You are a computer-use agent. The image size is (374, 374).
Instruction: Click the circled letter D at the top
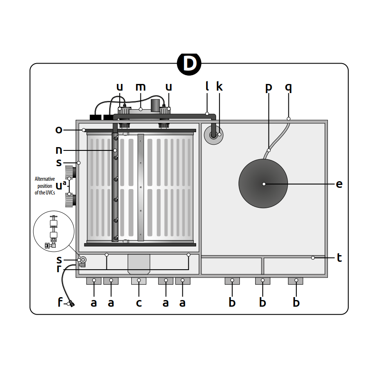coord(189,64)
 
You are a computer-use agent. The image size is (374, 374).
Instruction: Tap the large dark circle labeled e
coord(263,184)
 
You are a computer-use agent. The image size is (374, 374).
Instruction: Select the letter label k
coord(219,87)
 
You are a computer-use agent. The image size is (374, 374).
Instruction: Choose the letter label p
coord(268,88)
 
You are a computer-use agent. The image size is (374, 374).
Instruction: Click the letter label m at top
coord(141,87)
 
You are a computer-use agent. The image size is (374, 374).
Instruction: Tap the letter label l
coord(207,86)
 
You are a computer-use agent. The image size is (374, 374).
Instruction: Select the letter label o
coord(59,130)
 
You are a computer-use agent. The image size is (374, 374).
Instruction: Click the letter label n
coord(59,150)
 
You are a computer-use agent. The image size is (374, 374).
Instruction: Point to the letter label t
coord(339,258)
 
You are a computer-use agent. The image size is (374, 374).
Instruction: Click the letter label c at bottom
coord(139,303)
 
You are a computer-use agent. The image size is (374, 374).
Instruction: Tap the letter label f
coord(60,303)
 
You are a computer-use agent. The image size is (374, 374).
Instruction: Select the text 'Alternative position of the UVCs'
coord(45,186)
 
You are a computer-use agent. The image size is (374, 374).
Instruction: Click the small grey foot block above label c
coord(139,281)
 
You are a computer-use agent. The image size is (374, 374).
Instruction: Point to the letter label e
coord(339,184)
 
